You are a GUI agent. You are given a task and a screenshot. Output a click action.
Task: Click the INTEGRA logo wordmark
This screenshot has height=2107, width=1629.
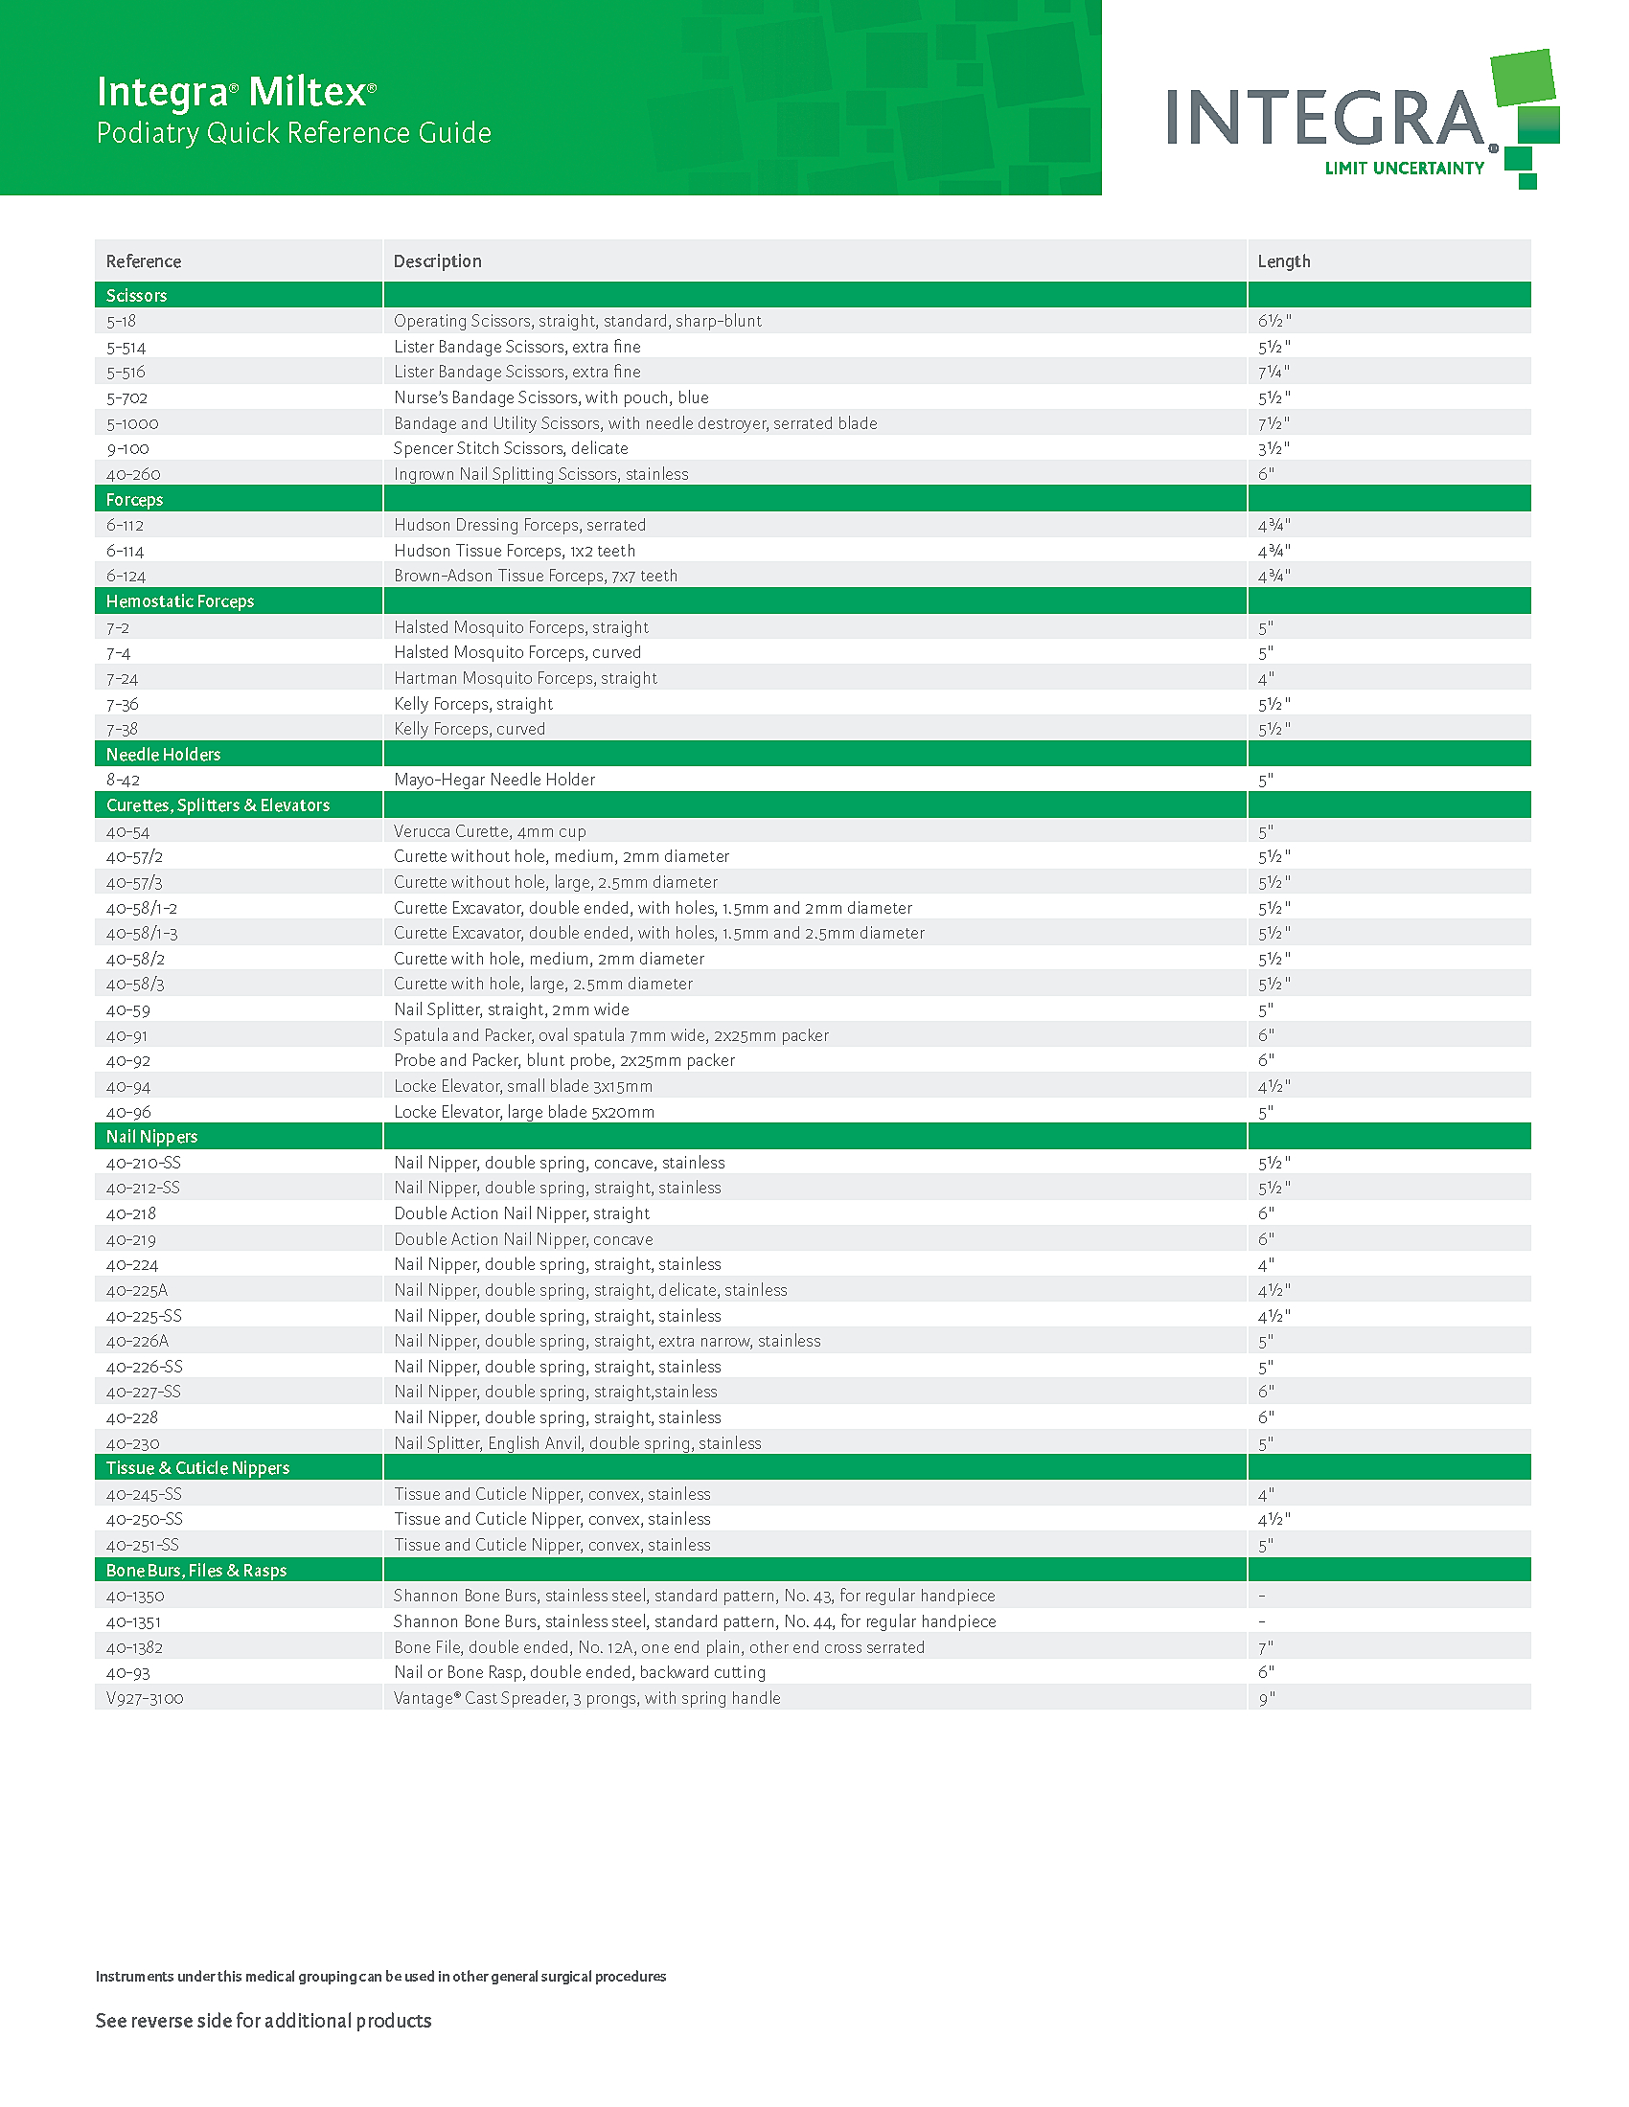pyautogui.click(x=1324, y=118)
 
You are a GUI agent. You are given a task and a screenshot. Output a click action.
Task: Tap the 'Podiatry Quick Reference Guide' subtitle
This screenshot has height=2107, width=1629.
pyautogui.click(x=293, y=133)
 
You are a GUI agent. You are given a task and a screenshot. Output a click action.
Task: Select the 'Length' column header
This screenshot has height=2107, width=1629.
pyautogui.click(x=1283, y=261)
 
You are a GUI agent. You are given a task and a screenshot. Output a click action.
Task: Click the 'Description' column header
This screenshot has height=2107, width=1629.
pyautogui.click(x=437, y=261)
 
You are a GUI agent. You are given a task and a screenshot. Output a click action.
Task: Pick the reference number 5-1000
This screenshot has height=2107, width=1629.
pyautogui.click(x=132, y=423)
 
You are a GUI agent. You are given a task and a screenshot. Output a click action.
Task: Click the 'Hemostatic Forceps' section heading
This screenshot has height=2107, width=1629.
pyautogui.click(x=179, y=601)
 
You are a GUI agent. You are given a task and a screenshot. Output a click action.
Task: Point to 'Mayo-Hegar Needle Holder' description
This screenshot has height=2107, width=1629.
pyautogui.click(x=494, y=780)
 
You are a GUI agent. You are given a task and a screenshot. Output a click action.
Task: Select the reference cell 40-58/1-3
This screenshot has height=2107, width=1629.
pyautogui.click(x=142, y=933)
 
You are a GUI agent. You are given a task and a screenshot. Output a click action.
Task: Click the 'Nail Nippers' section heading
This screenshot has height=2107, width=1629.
pyautogui.click(x=151, y=1137)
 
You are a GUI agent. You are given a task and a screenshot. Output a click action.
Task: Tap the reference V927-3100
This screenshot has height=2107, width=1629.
pyautogui.click(x=145, y=1698)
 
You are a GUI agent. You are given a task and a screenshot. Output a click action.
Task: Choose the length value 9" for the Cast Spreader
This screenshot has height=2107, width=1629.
pyautogui.click(x=1266, y=1698)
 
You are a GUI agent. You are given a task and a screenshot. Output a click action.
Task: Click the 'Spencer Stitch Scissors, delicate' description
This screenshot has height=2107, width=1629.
pyautogui.click(x=511, y=448)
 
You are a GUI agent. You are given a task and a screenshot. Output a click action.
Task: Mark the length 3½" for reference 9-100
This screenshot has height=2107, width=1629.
pyautogui.click(x=1273, y=448)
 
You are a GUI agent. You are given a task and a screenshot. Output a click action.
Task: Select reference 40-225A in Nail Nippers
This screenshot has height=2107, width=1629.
pyautogui.click(x=137, y=1290)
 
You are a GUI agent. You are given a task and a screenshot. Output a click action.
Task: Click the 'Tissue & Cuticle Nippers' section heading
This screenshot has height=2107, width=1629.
pyautogui.click(x=197, y=1467)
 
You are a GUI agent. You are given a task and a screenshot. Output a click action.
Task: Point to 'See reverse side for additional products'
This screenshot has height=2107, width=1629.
pyautogui.click(x=264, y=2020)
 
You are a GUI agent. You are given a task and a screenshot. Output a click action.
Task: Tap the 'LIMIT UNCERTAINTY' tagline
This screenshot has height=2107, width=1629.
pyautogui.click(x=1404, y=169)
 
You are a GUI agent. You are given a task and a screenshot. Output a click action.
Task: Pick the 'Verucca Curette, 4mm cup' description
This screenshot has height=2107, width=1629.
pyautogui.click(x=490, y=831)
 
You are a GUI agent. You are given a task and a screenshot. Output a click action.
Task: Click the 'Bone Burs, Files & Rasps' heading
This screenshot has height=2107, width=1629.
pyautogui.click(x=195, y=1570)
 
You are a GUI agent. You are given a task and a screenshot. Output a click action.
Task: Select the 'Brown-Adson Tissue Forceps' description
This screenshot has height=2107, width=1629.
pyautogui.click(x=536, y=576)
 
